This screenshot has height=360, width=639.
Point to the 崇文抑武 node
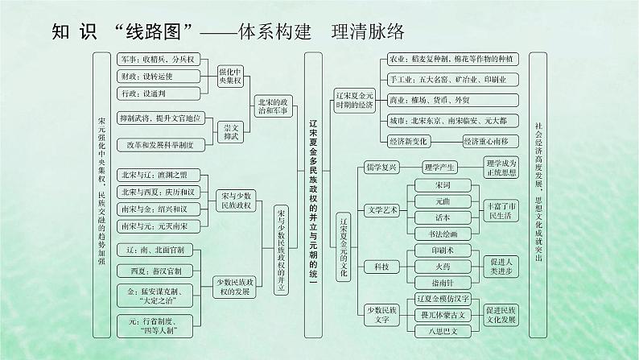[x=231, y=132]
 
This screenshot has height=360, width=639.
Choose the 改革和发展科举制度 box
[x=158, y=144]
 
